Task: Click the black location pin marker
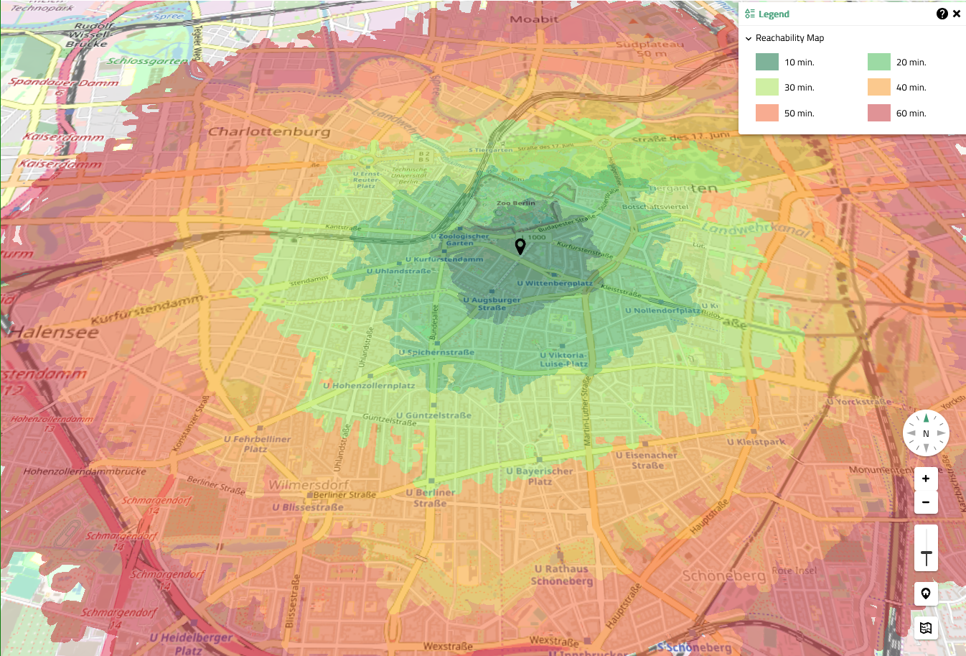(x=520, y=246)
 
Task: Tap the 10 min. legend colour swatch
(x=766, y=62)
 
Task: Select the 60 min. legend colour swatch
(x=878, y=113)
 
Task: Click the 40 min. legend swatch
(x=878, y=87)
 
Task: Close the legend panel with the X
(x=956, y=14)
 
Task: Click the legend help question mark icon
(x=942, y=14)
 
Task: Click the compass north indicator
(x=926, y=433)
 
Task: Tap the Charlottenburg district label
(x=269, y=131)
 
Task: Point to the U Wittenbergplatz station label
(x=555, y=283)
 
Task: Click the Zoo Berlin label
(x=515, y=203)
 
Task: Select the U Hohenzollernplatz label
(x=369, y=385)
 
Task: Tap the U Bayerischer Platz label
(x=540, y=476)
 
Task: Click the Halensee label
(x=54, y=332)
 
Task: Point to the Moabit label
(x=534, y=19)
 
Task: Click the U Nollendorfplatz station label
(x=662, y=310)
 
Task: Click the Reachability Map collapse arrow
(x=749, y=38)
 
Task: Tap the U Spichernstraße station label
(x=436, y=352)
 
